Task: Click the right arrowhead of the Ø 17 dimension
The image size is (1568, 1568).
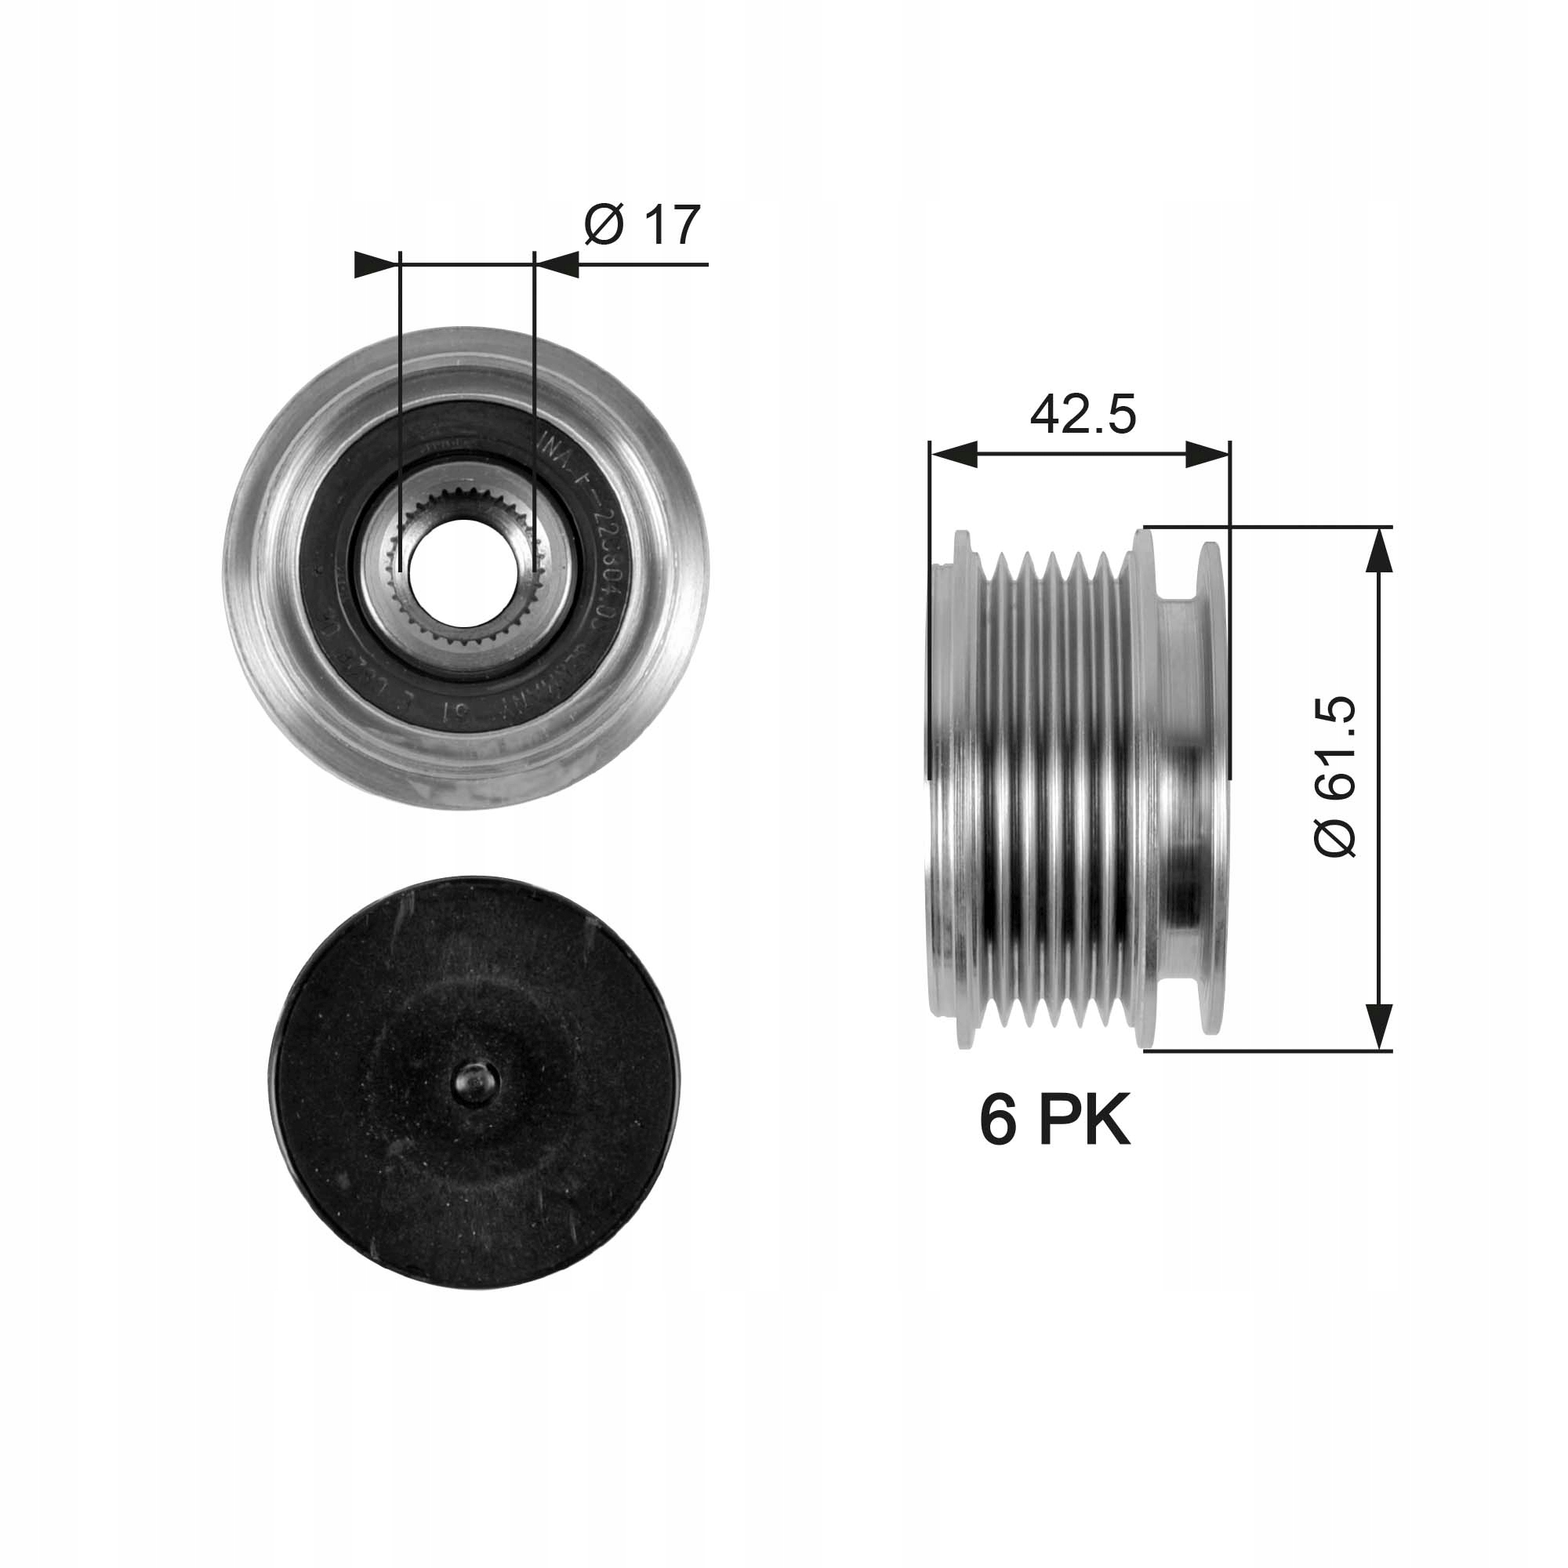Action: pos(558,264)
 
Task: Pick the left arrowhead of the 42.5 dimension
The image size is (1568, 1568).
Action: pos(953,456)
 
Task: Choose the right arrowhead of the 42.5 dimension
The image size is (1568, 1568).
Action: pos(1207,456)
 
